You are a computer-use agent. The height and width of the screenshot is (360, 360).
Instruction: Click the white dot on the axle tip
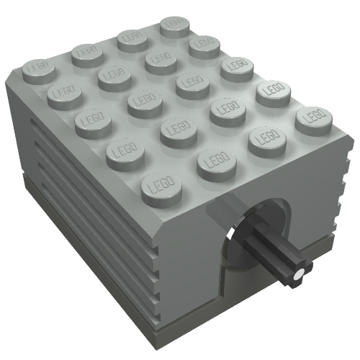[297, 274]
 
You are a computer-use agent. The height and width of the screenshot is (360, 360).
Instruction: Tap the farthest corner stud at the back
[173, 26]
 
